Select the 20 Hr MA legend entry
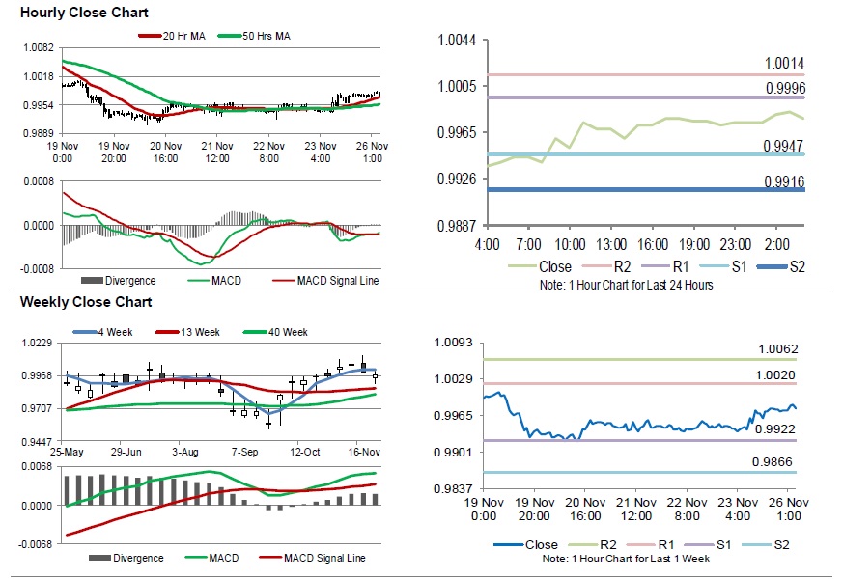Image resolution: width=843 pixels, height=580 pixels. (176, 36)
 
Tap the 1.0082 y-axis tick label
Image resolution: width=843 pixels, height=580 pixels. (38, 48)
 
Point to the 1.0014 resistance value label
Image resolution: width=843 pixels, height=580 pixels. (784, 63)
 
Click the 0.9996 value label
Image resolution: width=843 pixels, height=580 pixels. (784, 88)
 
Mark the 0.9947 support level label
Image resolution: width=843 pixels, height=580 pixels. (784, 145)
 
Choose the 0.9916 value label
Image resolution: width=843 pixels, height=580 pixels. (784, 180)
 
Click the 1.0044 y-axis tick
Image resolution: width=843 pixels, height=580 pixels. (457, 40)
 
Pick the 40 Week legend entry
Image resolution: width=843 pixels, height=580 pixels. (283, 332)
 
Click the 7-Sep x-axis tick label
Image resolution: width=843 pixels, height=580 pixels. (243, 452)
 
